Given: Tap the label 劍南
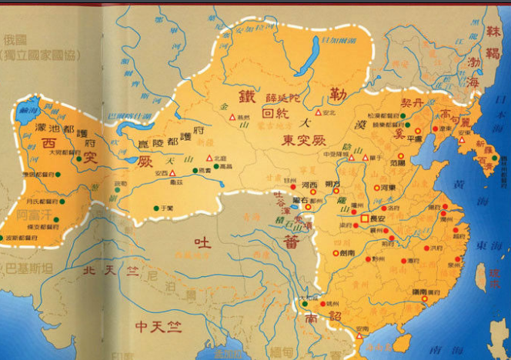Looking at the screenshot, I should (346, 252).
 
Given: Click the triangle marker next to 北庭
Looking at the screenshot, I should (209, 158).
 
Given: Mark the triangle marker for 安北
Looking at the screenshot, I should (318, 112).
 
